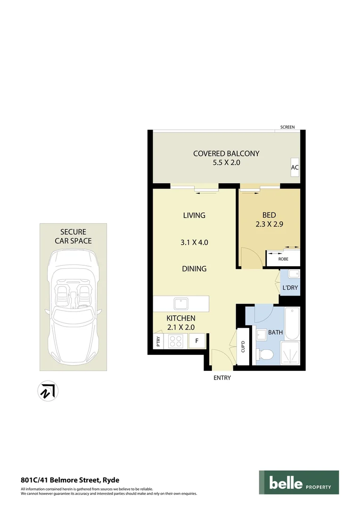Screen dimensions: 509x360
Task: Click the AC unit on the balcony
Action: [295, 167]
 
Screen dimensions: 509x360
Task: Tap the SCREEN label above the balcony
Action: [287, 127]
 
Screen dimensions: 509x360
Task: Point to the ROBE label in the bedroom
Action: [283, 259]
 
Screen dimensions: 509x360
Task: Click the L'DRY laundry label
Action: [290, 287]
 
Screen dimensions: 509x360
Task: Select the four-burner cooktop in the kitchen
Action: [176, 341]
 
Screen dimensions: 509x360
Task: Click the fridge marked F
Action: [196, 341]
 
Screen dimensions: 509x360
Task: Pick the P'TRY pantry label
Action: [158, 341]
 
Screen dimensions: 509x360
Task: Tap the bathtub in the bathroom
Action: [292, 323]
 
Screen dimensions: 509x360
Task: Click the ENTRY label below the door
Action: [222, 378]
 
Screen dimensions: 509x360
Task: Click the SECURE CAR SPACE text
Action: [73, 236]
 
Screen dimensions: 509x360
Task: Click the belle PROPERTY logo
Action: [299, 483]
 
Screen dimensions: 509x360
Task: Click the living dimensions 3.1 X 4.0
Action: [195, 243]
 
